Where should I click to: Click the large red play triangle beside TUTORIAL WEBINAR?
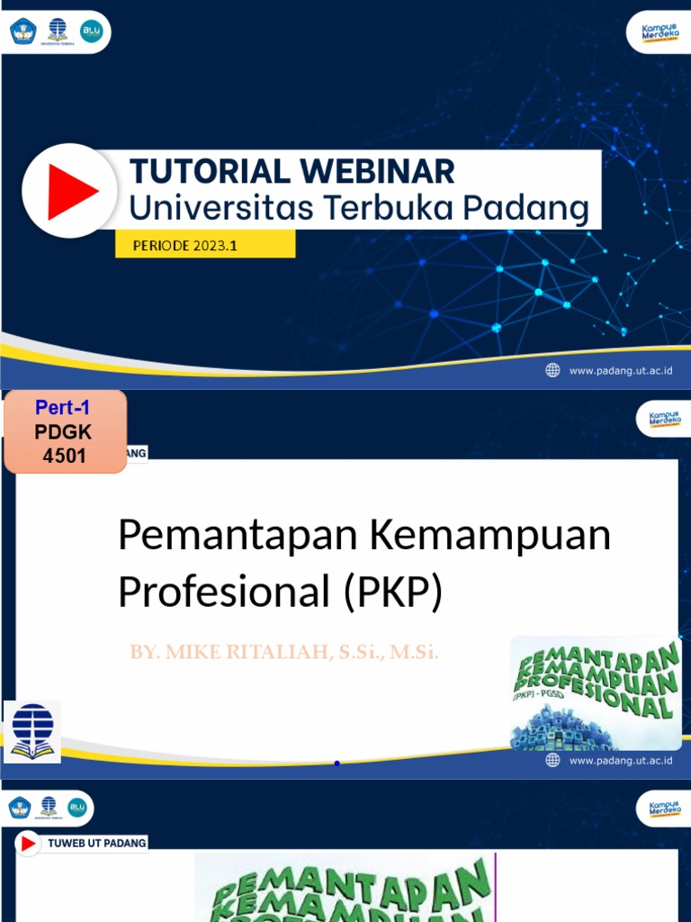click(x=71, y=191)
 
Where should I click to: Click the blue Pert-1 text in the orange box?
click(x=63, y=407)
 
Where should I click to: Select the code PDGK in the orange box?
click(x=63, y=432)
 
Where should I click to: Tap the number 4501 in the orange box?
click(x=64, y=456)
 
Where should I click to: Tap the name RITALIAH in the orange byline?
click(x=274, y=652)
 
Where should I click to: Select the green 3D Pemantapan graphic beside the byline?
click(x=596, y=692)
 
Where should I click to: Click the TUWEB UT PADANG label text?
click(x=96, y=843)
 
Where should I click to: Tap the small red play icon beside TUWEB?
click(x=29, y=843)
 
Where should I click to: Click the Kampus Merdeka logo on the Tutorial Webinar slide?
click(x=660, y=32)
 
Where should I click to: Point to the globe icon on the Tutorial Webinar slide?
click(x=552, y=370)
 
